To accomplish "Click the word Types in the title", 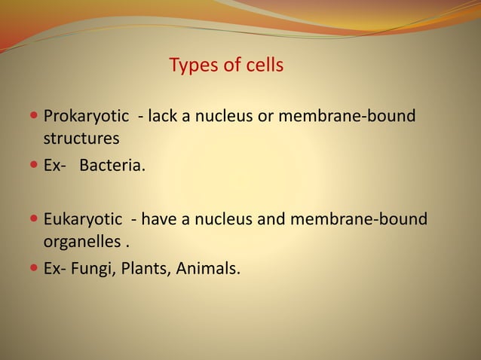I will click(191, 66).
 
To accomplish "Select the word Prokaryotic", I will click(86, 117).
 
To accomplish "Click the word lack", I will click(163, 117).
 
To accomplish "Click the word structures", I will click(81, 139).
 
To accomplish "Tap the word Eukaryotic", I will click(82, 219).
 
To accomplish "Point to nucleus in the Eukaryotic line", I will click(225, 219).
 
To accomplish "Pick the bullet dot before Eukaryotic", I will click(35, 220).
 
